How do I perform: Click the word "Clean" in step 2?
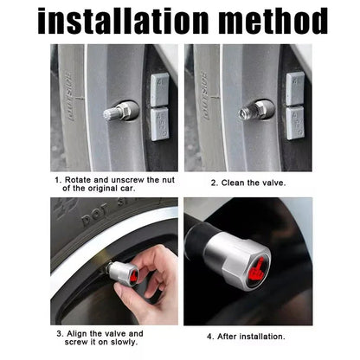[239, 183]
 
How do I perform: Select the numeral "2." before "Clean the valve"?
[214, 183]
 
